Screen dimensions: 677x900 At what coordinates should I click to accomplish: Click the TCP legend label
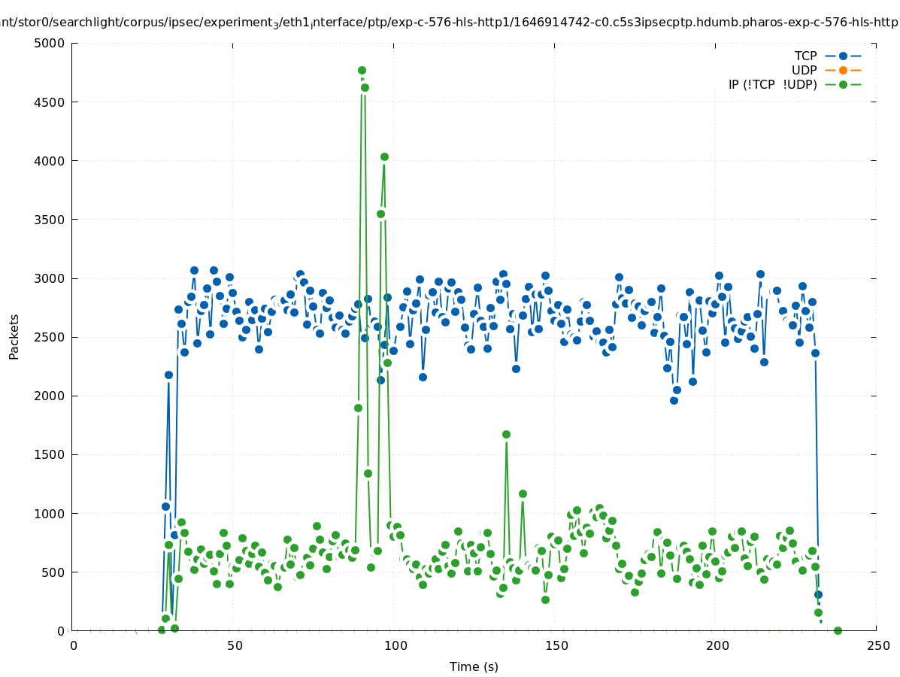coord(805,56)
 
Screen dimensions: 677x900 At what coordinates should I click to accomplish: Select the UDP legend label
coord(804,70)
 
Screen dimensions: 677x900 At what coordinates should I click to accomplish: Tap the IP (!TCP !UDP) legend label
coord(772,84)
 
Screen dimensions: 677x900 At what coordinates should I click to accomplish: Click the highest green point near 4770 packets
coord(362,70)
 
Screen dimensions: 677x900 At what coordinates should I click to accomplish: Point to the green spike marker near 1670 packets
coord(506,434)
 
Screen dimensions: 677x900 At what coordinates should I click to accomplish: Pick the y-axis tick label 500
coord(54,572)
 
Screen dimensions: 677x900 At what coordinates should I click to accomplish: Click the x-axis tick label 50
coord(235,645)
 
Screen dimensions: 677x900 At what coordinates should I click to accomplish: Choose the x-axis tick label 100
coord(395,645)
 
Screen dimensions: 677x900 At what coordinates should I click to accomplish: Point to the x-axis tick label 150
coord(556,645)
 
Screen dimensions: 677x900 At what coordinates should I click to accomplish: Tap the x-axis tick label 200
coord(717,645)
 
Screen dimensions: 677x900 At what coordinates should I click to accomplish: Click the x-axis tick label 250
coord(877,645)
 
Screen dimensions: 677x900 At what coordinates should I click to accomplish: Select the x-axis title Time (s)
coord(474,666)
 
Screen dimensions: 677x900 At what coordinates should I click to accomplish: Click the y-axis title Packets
coord(14,336)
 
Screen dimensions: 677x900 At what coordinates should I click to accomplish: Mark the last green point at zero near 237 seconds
coord(838,630)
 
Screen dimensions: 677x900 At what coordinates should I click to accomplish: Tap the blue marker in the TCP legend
coord(843,56)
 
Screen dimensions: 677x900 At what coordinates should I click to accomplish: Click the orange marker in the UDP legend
coord(843,70)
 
